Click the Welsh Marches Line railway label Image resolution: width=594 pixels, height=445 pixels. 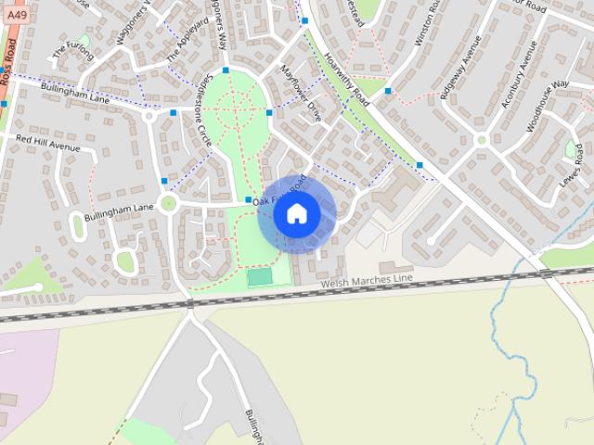(x=364, y=281)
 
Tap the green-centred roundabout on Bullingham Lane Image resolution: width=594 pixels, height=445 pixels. (x=168, y=203)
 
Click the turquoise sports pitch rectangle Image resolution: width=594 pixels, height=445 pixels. (x=259, y=276)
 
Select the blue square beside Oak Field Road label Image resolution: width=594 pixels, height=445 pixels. (x=248, y=200)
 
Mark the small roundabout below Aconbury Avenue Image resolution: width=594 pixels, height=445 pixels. (x=481, y=140)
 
